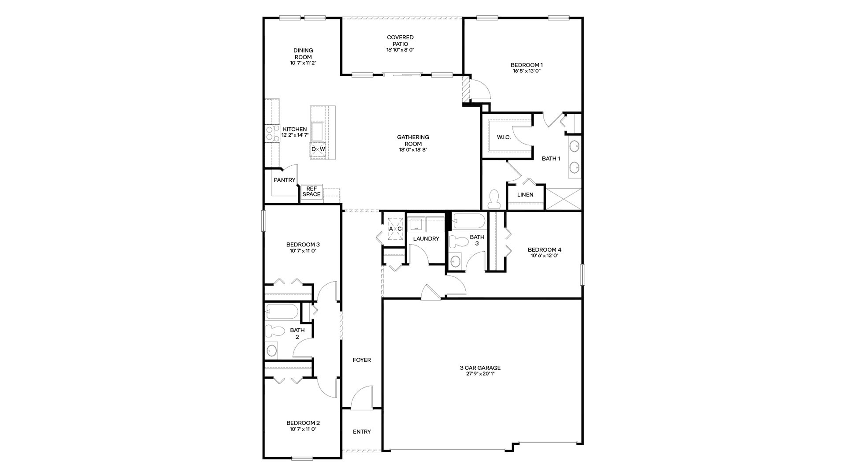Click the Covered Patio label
tap(400, 41)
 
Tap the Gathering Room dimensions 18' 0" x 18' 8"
tap(413, 150)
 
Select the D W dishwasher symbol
tap(318, 149)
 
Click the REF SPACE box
tap(312, 192)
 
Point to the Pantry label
tap(285, 180)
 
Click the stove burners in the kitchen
tap(272, 133)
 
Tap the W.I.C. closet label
tap(504, 137)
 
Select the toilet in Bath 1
tap(494, 199)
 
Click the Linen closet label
tap(525, 195)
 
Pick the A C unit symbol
tap(395, 229)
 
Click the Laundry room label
tap(426, 239)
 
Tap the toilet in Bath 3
tap(458, 242)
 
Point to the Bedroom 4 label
tap(545, 250)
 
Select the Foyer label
tap(362, 360)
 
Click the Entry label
tap(362, 432)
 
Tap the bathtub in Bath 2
tap(282, 312)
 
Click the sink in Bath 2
tap(271, 351)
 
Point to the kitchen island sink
tap(318, 131)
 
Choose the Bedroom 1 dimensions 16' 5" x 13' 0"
tap(527, 71)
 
